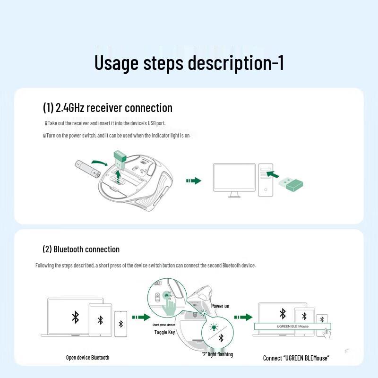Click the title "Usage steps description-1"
tap(189, 63)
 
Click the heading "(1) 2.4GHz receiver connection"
tap(108, 108)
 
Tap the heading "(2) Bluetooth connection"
tap(81, 249)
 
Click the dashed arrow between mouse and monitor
tap(194, 181)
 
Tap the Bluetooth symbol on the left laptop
tap(75, 317)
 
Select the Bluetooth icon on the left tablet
tap(100, 320)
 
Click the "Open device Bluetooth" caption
tap(87, 358)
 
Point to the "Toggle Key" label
tap(164, 333)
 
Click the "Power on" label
tap(220, 306)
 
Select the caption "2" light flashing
tap(217, 354)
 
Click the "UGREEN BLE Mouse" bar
tap(292, 326)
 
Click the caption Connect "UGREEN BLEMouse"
tap(296, 358)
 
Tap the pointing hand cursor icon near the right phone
tap(326, 334)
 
